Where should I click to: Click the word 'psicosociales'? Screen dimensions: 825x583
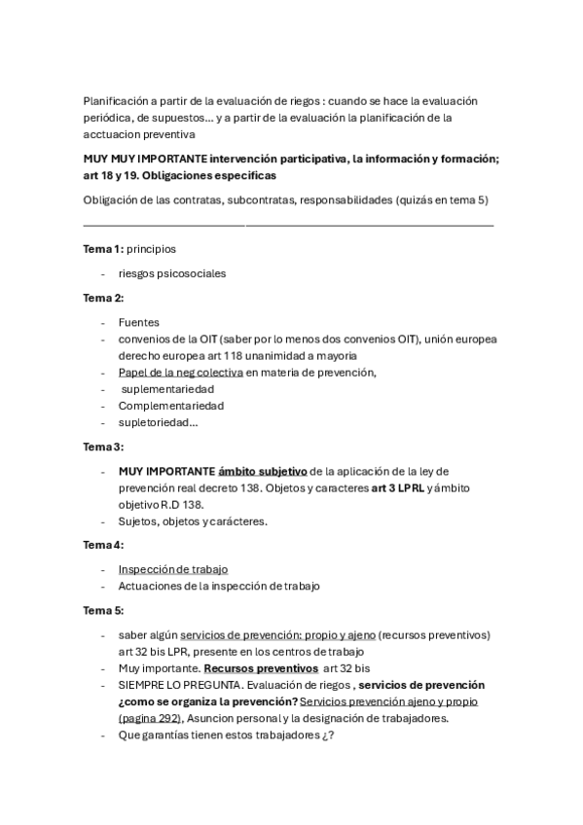click(190, 273)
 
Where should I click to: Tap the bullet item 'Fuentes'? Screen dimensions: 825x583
click(139, 322)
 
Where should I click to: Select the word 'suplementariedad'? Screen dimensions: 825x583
click(168, 389)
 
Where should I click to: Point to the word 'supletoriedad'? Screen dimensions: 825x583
click(156, 422)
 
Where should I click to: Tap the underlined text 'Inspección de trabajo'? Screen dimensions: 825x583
click(173, 569)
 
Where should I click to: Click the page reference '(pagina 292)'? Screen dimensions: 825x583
click(150, 718)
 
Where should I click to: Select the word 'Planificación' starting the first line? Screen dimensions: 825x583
click(117, 101)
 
